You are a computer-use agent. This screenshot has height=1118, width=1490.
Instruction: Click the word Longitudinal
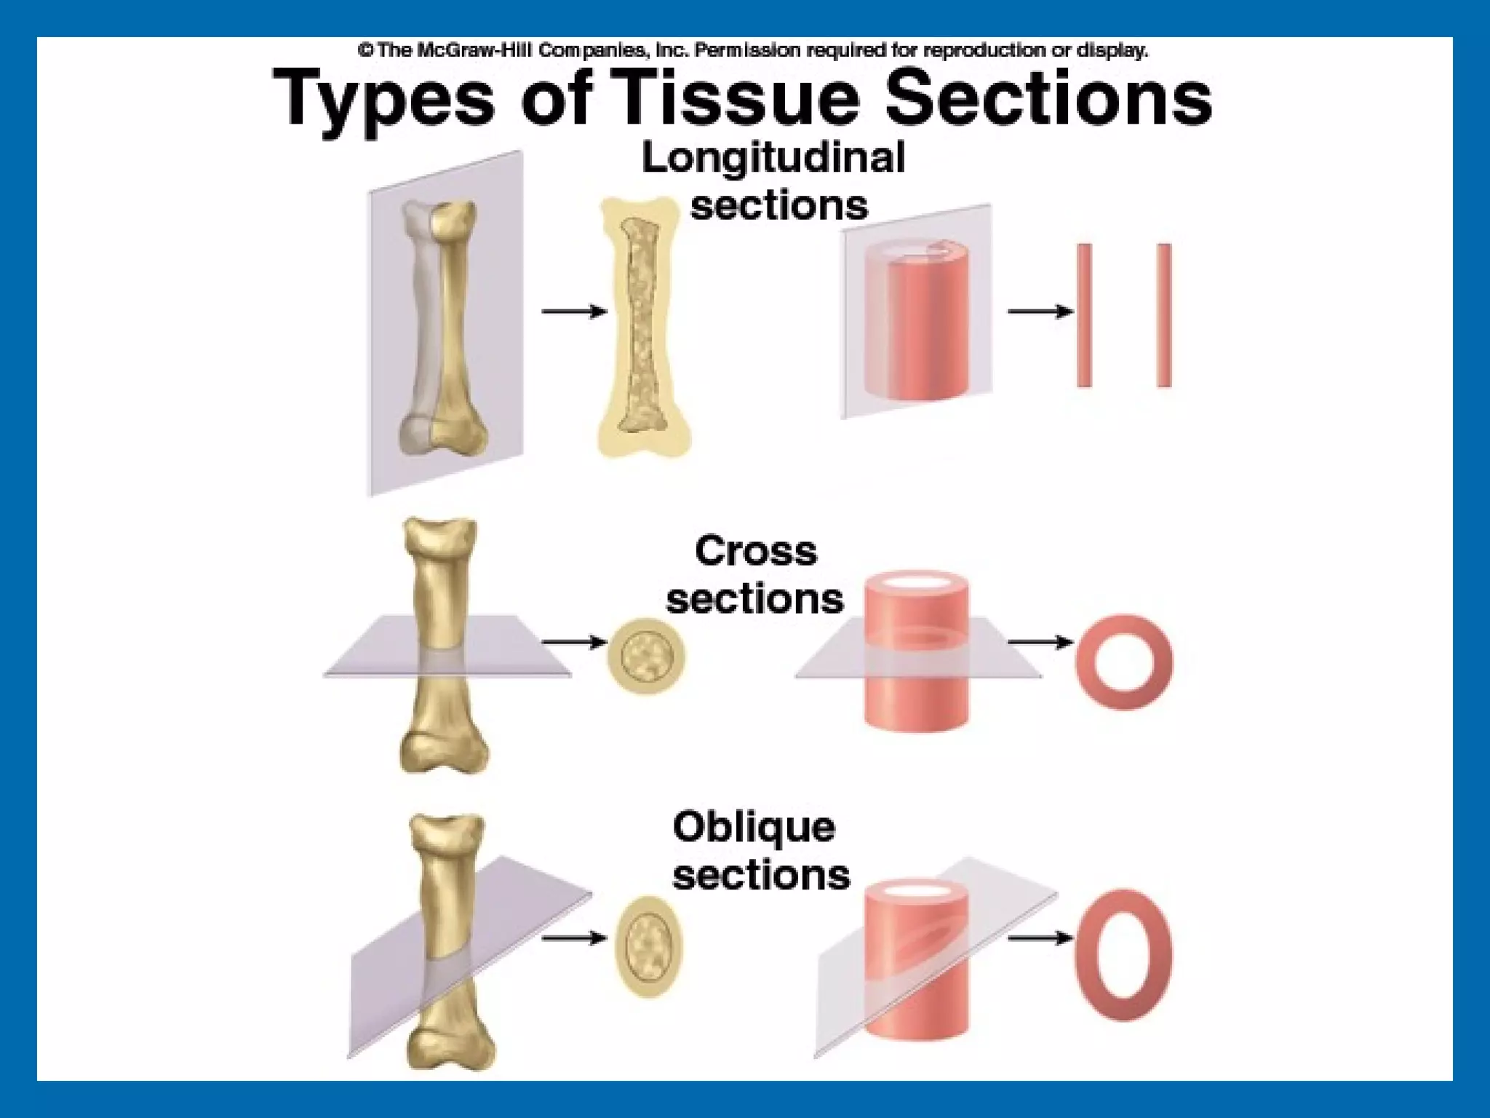773,158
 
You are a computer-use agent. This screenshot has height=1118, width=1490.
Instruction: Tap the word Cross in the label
756,551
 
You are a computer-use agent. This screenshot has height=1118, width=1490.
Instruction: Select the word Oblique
754,827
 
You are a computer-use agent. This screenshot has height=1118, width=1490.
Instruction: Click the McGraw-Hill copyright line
752,50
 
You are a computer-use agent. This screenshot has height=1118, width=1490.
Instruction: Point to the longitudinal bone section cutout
643,328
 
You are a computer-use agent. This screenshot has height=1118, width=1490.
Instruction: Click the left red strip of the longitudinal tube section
1084,315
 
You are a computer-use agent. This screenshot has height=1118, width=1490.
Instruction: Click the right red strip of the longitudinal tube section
1163,315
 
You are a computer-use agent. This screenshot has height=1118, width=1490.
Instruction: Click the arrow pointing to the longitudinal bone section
574,312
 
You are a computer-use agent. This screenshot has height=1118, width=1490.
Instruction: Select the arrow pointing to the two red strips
1040,312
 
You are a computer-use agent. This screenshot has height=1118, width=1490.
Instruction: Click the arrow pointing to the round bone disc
574,642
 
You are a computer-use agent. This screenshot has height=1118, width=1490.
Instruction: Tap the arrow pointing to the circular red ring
1040,642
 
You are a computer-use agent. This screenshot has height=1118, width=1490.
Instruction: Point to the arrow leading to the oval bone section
574,938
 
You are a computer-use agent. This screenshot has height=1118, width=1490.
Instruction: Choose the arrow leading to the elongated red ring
1040,938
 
